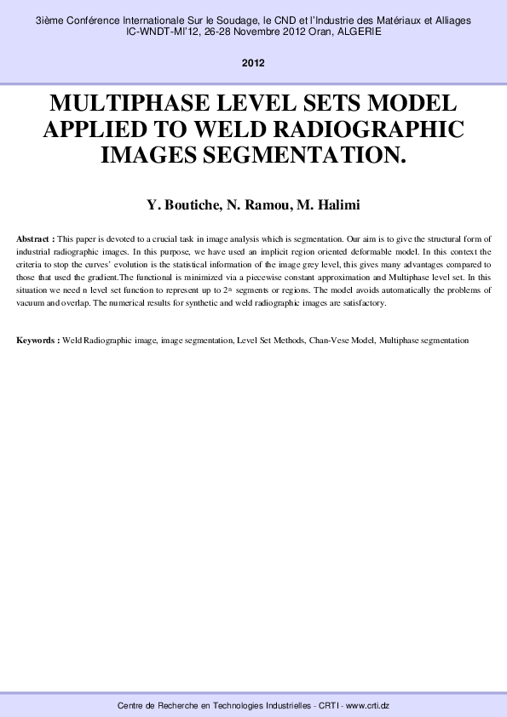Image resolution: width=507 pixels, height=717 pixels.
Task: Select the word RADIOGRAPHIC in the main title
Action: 379,129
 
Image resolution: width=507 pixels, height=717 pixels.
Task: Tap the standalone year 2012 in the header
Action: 253,63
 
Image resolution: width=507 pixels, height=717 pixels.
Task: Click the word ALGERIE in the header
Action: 358,32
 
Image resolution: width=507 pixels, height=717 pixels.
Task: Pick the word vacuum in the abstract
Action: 32,303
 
